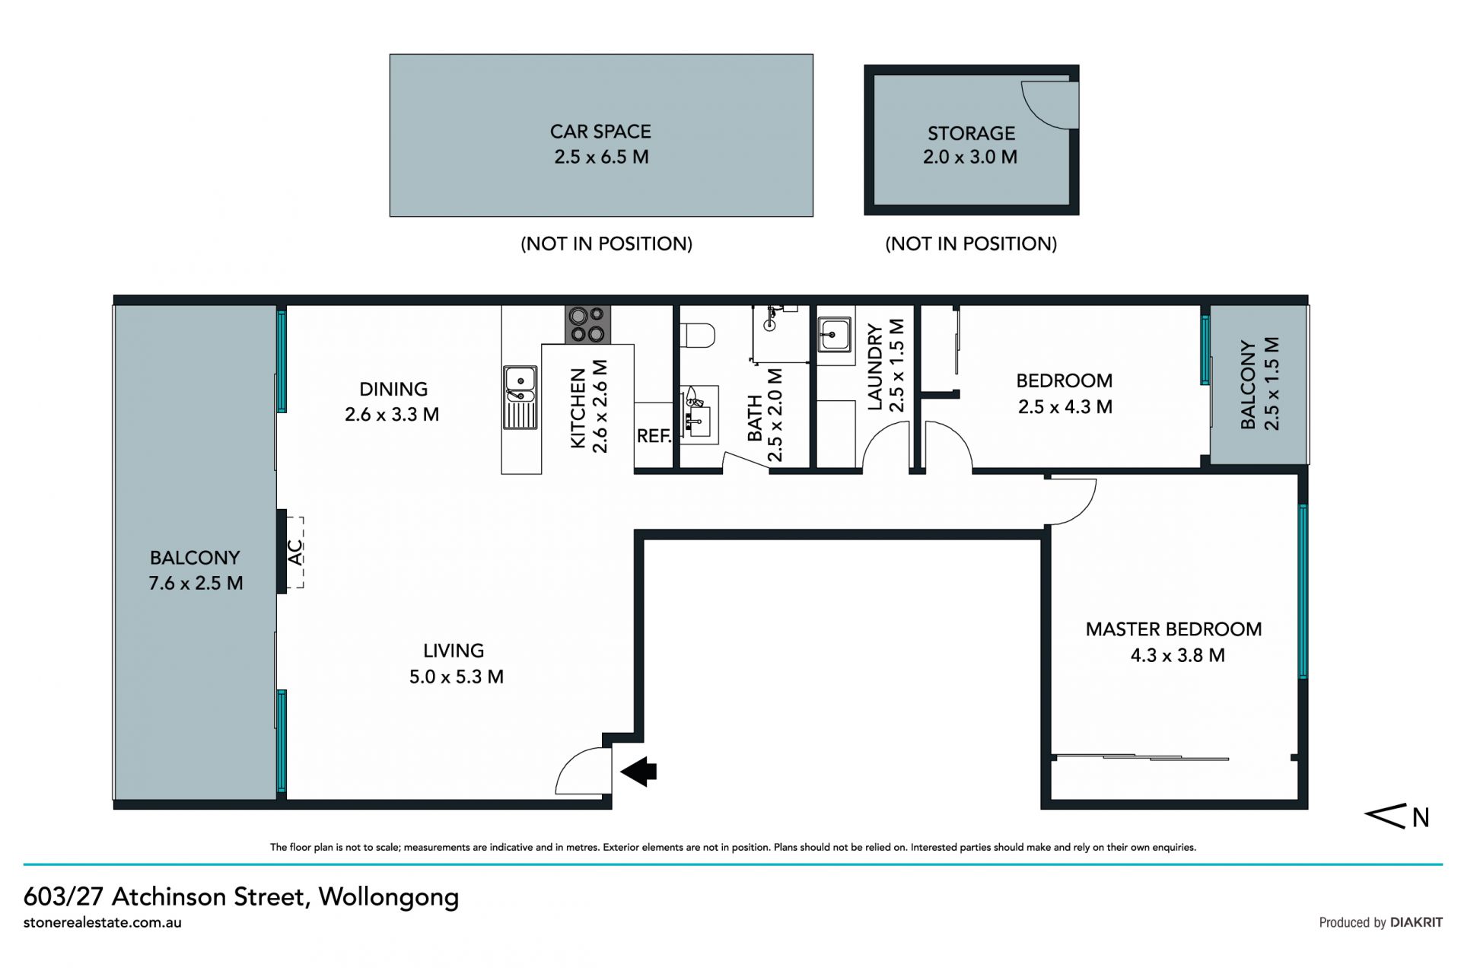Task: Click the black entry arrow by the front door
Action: [638, 772]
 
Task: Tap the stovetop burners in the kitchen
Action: [587, 325]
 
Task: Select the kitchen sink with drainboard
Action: [520, 398]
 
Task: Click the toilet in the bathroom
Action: [699, 335]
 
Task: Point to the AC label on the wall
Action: [295, 552]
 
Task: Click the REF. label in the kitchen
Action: [654, 436]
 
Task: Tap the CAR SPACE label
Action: [600, 132]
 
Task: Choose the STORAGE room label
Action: [971, 133]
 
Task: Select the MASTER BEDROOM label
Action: [1173, 629]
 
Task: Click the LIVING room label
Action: [454, 651]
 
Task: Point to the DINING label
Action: [393, 389]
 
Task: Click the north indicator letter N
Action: [1421, 817]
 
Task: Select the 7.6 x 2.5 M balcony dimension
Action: [196, 584]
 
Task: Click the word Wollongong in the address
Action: [389, 898]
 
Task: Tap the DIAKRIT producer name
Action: [1416, 922]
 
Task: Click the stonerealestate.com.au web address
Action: [103, 922]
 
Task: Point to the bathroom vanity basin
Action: [699, 415]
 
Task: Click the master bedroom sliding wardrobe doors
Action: [1141, 757]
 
